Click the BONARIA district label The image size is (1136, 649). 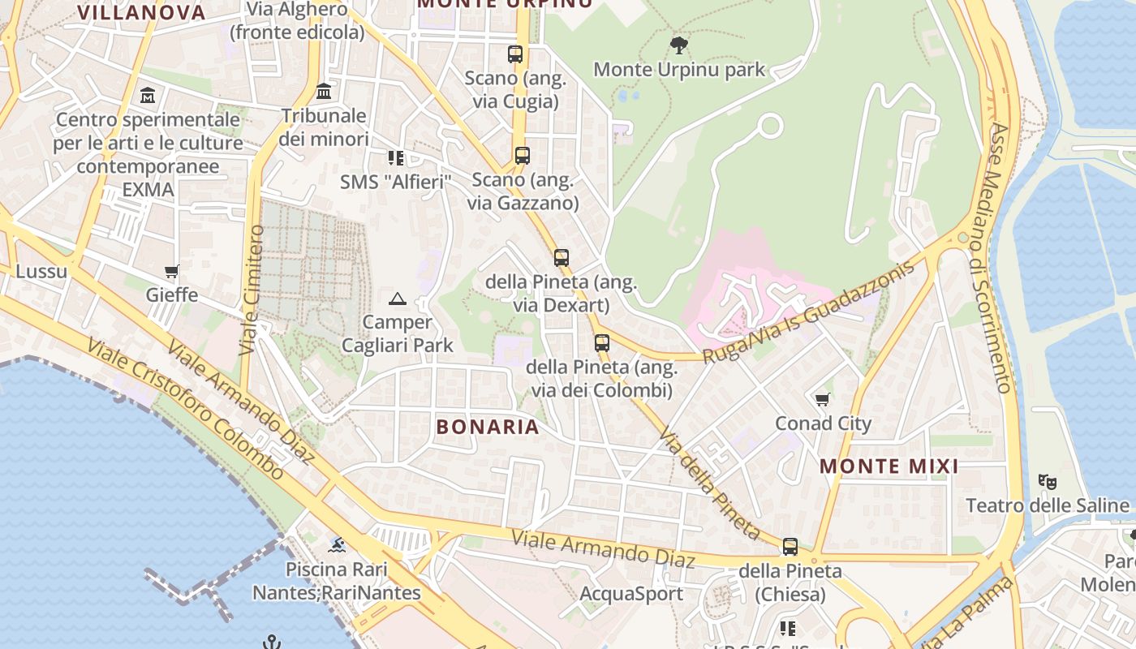click(x=488, y=427)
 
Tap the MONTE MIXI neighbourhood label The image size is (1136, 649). click(x=889, y=466)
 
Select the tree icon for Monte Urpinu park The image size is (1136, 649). click(x=679, y=45)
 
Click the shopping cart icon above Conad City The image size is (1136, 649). click(x=823, y=399)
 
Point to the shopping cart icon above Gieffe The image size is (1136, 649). click(x=171, y=271)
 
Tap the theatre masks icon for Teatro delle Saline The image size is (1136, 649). click(x=1048, y=482)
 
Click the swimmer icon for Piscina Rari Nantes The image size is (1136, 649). click(x=337, y=544)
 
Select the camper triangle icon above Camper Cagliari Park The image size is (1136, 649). click(x=397, y=299)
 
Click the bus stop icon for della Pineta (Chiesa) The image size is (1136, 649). click(x=790, y=547)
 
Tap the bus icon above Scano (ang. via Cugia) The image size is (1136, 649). click(x=515, y=54)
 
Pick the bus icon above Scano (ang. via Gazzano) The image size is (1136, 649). click(x=523, y=156)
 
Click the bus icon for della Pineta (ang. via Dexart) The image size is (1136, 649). click(x=562, y=258)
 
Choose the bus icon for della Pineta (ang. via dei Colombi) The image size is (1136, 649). click(x=601, y=342)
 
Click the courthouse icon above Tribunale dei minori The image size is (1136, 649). click(x=325, y=91)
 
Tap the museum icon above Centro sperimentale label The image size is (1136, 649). click(x=148, y=96)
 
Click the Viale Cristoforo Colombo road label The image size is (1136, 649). click(x=186, y=409)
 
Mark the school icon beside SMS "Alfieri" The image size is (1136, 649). click(x=395, y=157)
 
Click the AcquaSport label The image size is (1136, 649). click(x=631, y=594)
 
